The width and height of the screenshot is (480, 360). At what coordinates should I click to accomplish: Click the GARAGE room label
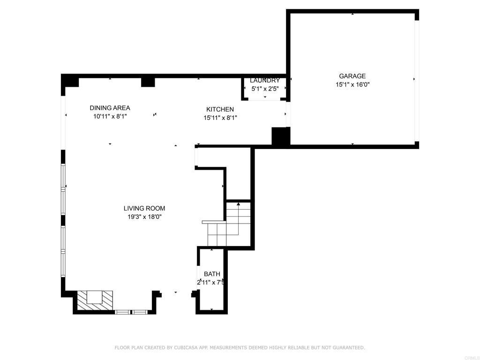(352, 76)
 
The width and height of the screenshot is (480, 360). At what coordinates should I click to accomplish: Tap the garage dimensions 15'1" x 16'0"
(352, 84)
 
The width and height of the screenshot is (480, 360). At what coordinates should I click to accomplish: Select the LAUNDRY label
(265, 81)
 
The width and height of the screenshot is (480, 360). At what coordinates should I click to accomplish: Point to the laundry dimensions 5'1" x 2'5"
(265, 89)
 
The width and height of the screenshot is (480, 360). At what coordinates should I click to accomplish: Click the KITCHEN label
(220, 109)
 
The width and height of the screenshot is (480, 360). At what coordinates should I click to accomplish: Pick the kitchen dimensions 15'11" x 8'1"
(220, 118)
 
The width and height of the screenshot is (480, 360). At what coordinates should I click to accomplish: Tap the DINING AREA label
(110, 108)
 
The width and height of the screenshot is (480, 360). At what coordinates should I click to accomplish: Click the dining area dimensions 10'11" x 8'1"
(110, 116)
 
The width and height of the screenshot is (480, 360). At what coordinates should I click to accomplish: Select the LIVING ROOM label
(144, 209)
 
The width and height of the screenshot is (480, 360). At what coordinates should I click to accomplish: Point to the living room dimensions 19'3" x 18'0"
(144, 217)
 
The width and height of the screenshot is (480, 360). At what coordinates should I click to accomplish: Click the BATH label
(212, 274)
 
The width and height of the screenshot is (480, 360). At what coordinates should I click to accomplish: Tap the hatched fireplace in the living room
(95, 300)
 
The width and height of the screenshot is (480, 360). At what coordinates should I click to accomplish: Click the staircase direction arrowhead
(239, 204)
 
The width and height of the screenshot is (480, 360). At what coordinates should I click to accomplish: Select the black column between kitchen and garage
(281, 136)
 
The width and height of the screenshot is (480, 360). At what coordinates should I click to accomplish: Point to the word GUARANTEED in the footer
(349, 347)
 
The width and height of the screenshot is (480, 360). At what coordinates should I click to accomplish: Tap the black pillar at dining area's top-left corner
(70, 81)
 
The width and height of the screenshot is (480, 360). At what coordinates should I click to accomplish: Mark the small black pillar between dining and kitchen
(148, 82)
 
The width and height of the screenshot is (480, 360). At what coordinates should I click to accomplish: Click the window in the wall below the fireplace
(131, 312)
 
